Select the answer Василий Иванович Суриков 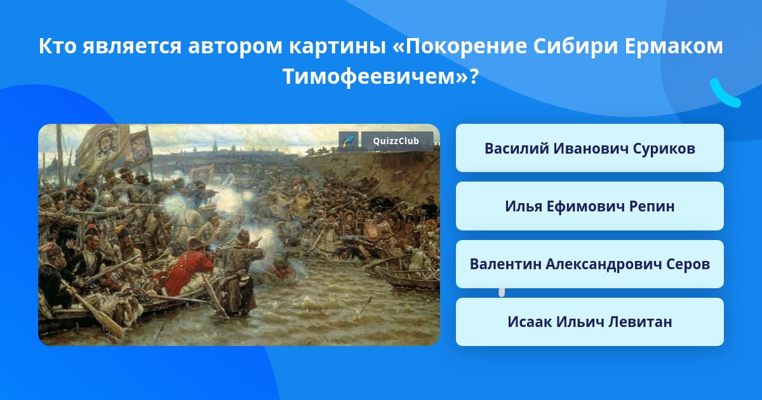click(589, 148)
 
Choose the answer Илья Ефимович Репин click(589, 206)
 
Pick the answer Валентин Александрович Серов click(589, 264)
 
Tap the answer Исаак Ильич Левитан click(589, 322)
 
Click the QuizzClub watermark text click(396, 141)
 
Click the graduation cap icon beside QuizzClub click(349, 141)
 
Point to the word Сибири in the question click(575, 46)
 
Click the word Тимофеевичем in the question click(370, 76)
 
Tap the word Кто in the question click(58, 46)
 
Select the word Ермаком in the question click(674, 46)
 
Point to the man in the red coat click(185, 272)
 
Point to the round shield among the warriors click(372, 232)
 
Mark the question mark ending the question click(474, 76)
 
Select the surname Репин click(652, 206)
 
